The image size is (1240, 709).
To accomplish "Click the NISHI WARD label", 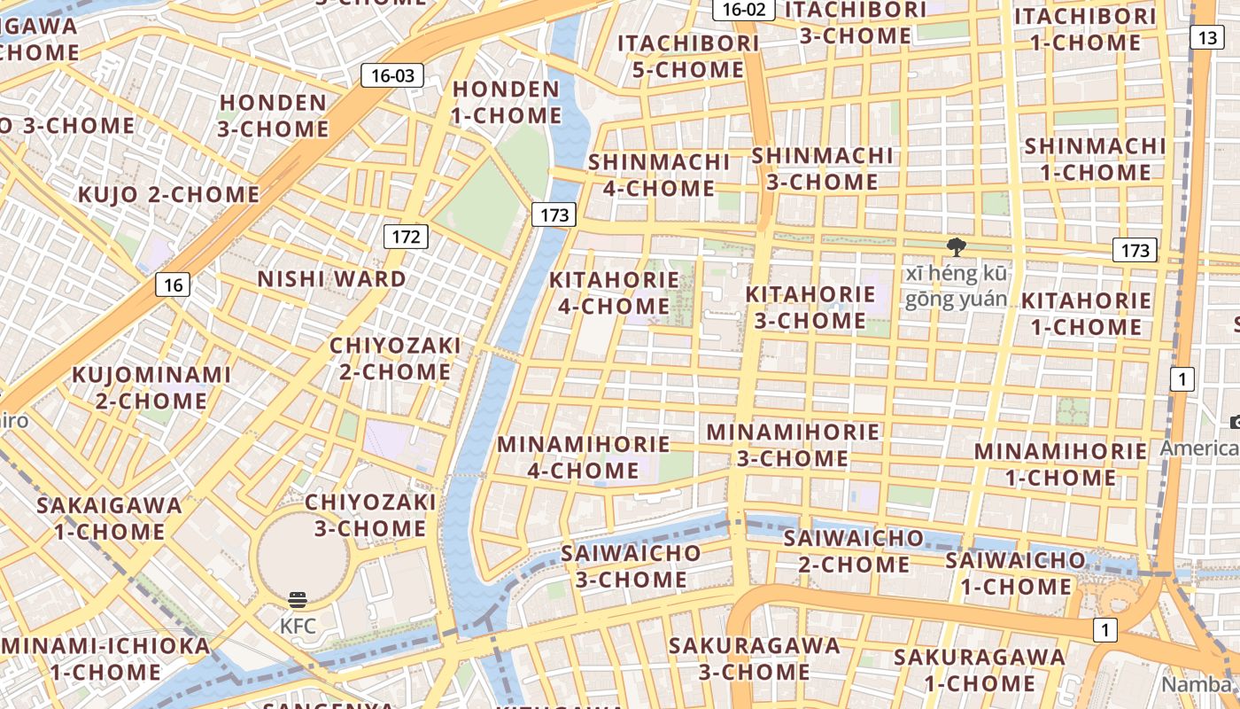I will click(331, 279).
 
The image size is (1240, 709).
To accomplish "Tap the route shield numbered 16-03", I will click(392, 75).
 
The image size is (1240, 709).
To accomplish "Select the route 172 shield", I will click(407, 237).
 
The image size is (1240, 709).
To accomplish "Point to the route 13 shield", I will click(1205, 37).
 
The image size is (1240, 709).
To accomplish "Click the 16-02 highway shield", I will click(744, 10).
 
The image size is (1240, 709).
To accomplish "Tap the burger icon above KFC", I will click(298, 600).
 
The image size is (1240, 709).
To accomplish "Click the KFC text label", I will click(298, 626).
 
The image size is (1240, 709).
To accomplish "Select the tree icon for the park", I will click(956, 246).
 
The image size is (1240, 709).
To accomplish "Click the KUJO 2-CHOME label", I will click(168, 195).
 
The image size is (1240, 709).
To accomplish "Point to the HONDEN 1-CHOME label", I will click(507, 102).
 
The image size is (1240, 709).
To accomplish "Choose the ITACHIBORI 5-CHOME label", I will click(688, 56).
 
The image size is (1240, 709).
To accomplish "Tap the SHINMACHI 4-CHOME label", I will click(659, 175).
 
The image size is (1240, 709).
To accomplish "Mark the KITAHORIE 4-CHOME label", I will click(615, 292).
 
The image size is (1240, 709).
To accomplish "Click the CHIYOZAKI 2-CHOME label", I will click(395, 358).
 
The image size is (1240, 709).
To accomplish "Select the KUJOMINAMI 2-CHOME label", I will click(151, 387).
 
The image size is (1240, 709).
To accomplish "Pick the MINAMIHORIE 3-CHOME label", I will click(793, 445).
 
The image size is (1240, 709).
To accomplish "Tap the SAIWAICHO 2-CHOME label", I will click(853, 550).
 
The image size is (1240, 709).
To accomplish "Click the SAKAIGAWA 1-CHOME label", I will click(109, 518).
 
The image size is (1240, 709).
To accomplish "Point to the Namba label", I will click(1196, 684).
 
